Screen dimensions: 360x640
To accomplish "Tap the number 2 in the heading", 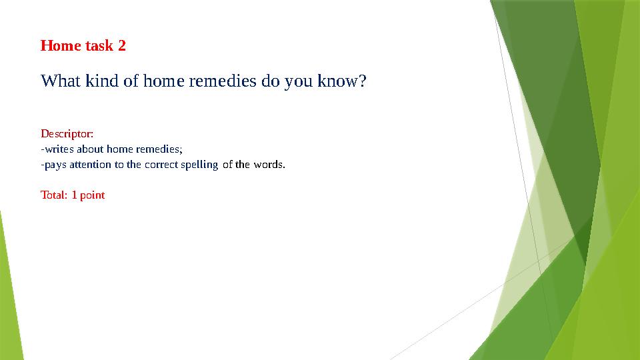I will [x=121, y=46].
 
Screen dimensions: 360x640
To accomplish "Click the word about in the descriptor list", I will [x=91, y=149].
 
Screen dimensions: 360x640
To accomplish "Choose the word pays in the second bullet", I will [x=55, y=165].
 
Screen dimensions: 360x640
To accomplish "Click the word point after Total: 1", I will [x=92, y=195].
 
